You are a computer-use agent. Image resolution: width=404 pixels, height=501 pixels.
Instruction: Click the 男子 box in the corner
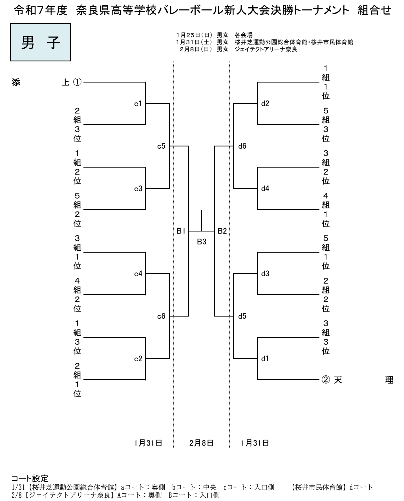click(40, 42)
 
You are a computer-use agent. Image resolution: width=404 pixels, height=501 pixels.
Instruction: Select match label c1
click(138, 104)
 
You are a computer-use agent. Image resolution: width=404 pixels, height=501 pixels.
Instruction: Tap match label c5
click(161, 146)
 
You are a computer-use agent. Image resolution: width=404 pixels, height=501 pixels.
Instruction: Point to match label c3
click(138, 189)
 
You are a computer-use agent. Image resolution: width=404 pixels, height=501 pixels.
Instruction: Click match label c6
click(161, 316)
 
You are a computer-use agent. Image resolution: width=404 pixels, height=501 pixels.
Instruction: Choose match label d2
click(265, 104)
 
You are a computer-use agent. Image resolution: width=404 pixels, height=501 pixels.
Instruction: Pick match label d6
click(242, 146)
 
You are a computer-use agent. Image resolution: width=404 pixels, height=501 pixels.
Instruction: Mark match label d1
click(265, 359)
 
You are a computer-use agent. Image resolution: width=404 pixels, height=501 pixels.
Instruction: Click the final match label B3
click(202, 242)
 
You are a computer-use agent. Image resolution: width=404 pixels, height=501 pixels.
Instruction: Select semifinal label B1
click(181, 231)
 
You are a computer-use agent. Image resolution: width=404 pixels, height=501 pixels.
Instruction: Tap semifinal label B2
click(222, 231)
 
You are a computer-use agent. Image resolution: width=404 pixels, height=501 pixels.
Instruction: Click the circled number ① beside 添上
click(78, 82)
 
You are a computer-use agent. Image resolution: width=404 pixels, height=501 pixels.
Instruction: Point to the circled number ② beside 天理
click(326, 380)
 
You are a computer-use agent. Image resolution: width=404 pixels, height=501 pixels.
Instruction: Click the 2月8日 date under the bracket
click(201, 443)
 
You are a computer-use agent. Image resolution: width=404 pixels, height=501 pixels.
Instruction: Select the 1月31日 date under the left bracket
click(148, 443)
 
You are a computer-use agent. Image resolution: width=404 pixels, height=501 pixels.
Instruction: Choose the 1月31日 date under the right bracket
click(255, 443)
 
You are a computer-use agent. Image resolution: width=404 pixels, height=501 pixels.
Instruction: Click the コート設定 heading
click(30, 478)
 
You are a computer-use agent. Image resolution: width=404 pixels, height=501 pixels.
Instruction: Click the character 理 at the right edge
click(389, 380)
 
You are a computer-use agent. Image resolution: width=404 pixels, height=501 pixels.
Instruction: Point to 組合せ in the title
click(374, 11)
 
